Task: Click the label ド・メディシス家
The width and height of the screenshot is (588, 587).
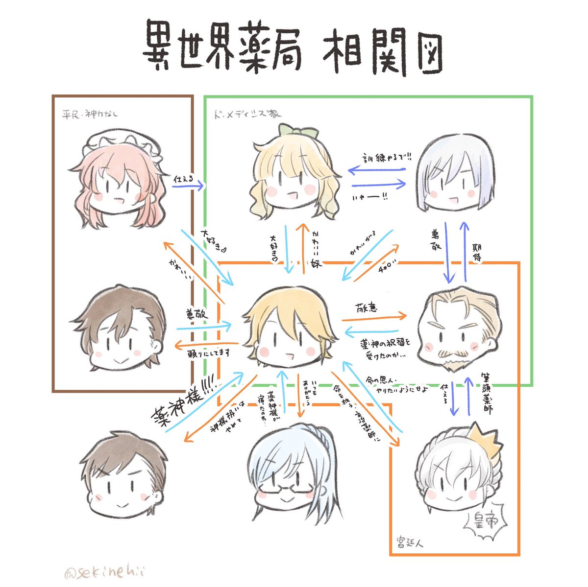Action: point(247,114)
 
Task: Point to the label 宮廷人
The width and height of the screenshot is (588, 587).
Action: point(410,543)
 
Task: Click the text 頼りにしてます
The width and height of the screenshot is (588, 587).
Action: point(209,352)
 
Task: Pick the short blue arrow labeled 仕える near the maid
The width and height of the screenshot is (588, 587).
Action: point(188,186)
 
